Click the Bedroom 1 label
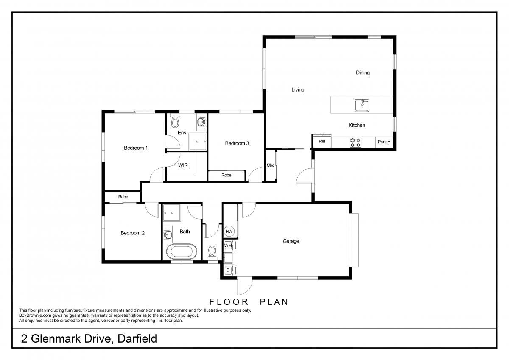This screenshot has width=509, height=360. [136, 148]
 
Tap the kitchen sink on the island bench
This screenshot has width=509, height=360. [362, 106]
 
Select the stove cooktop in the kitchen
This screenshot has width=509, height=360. [355, 142]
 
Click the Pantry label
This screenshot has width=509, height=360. [384, 142]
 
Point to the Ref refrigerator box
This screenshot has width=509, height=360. [322, 141]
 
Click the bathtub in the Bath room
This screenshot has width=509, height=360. [182, 251]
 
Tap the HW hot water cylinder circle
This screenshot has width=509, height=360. [229, 232]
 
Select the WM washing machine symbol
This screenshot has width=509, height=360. [229, 245]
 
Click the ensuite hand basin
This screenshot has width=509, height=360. [201, 122]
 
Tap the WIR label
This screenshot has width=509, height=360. [183, 165]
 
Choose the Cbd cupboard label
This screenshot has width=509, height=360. [271, 165]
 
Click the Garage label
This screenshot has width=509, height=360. [291, 241]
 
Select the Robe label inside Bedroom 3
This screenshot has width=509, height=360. [227, 175]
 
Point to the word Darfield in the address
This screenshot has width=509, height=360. [137, 339]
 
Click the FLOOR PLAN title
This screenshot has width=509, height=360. [249, 302]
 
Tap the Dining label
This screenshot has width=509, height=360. [363, 73]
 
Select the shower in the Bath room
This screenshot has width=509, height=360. [172, 213]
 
